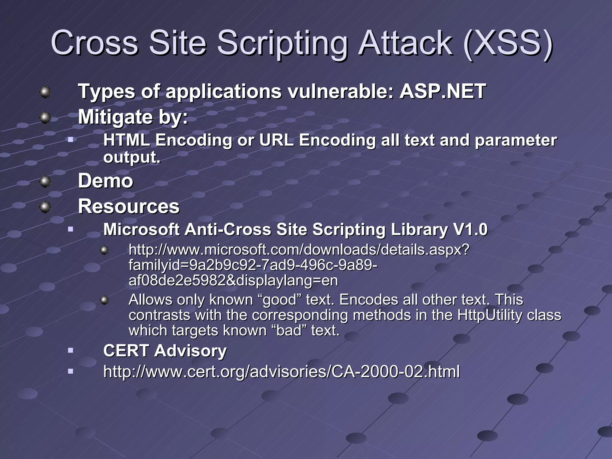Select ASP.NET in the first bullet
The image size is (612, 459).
(x=443, y=91)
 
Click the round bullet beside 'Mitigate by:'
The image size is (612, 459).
(x=45, y=117)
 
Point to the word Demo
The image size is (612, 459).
(x=105, y=181)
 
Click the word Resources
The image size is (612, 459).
(x=129, y=206)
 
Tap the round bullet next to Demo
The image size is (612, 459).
(x=45, y=181)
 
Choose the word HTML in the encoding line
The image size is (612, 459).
(x=126, y=140)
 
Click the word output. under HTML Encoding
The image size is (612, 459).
(x=132, y=157)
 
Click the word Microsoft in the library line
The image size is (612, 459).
(x=141, y=230)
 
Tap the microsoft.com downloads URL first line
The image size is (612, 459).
(x=299, y=250)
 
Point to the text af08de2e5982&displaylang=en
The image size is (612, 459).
(x=233, y=281)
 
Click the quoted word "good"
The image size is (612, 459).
(x=279, y=300)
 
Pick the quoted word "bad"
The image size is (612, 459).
(x=289, y=331)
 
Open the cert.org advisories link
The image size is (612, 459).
(x=281, y=372)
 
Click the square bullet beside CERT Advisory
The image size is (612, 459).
(x=71, y=350)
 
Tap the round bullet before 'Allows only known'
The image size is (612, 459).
(x=104, y=300)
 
